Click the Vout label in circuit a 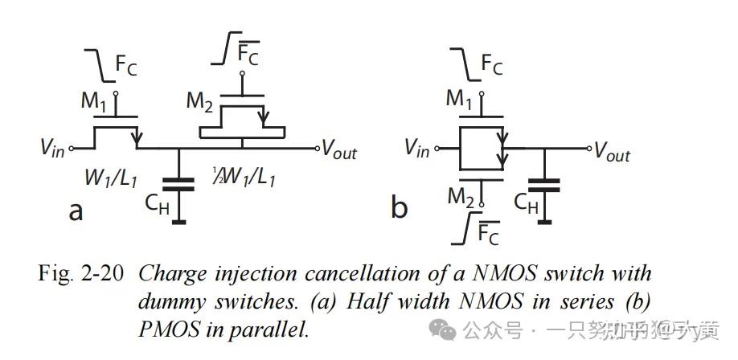pos(338,149)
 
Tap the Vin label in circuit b pos(416,148)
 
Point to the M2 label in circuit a pos(201,101)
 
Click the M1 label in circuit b pos(460,100)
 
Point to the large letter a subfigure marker pos(76,211)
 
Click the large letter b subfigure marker pos(399,208)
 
